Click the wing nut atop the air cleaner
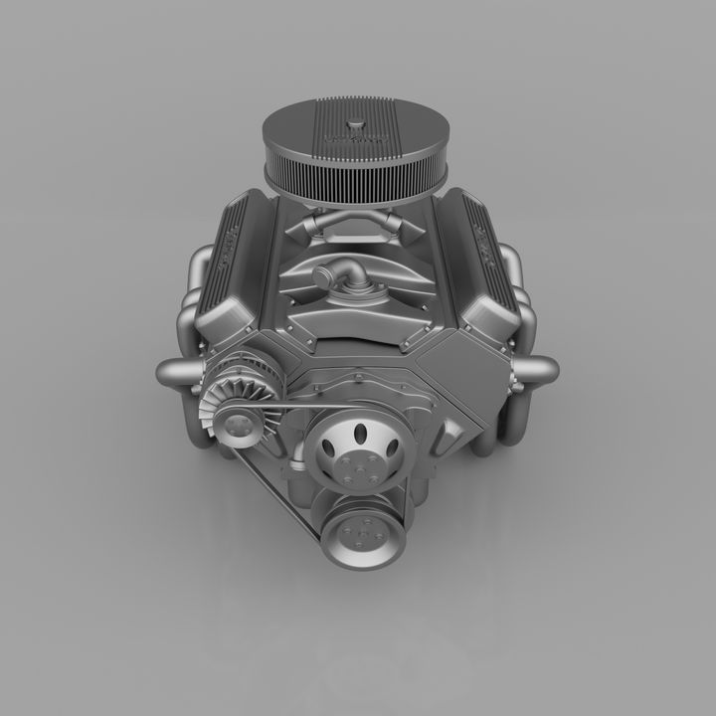tap(357, 128)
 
